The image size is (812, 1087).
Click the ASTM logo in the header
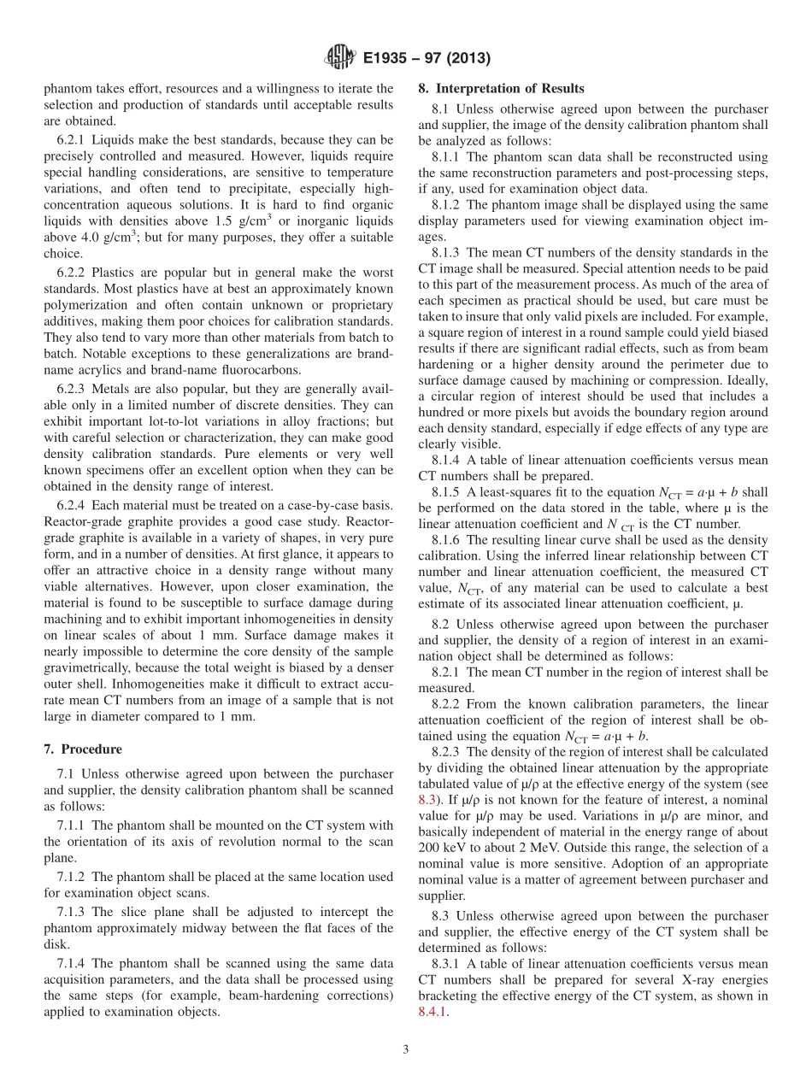click(339, 59)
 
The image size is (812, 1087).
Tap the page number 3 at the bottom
click(406, 1049)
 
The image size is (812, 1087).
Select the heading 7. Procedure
click(83, 749)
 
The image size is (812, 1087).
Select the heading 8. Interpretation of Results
click(501, 88)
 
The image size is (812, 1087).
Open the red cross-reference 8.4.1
click(432, 1013)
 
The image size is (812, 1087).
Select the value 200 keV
click(442, 849)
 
